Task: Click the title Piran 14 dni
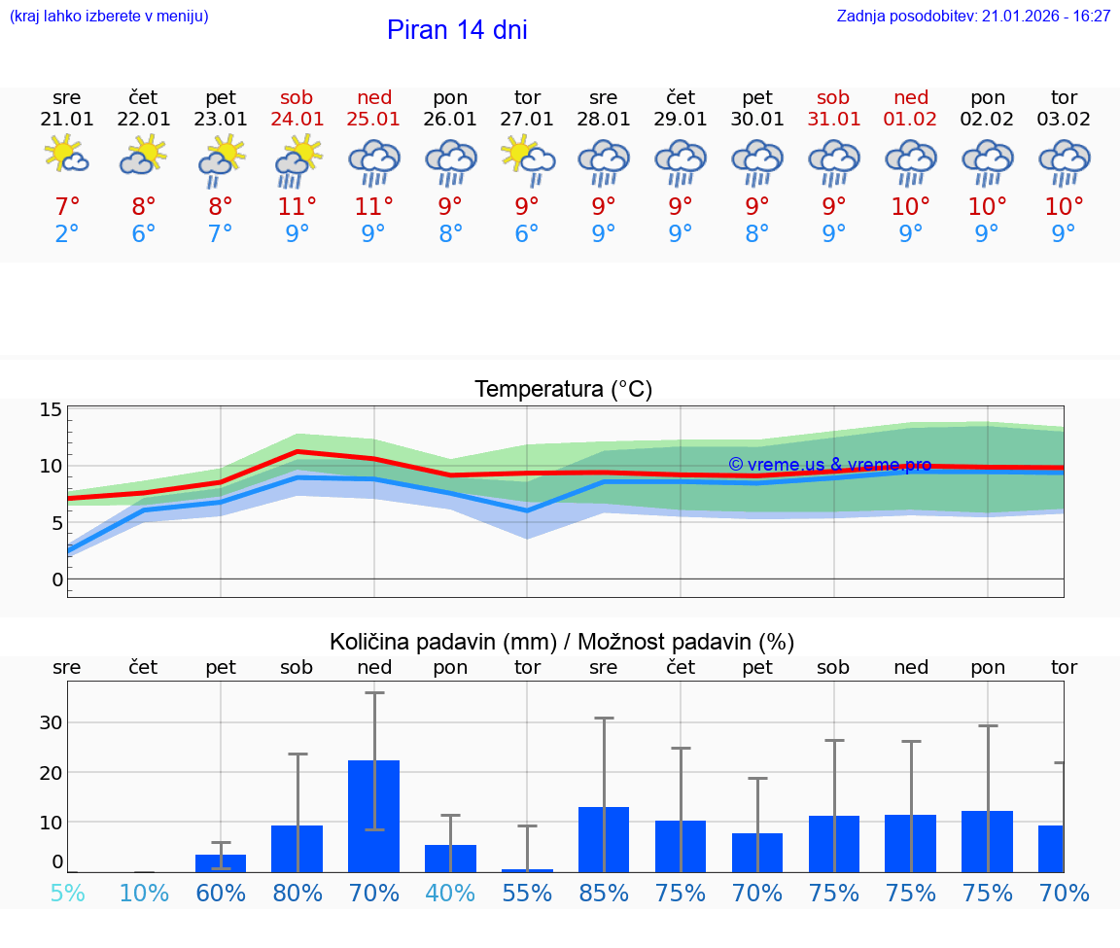click(457, 30)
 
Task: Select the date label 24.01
click(297, 120)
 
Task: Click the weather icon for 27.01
click(527, 160)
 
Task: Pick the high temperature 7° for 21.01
click(67, 207)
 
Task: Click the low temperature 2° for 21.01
click(67, 234)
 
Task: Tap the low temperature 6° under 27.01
click(527, 234)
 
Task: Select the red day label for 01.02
click(911, 98)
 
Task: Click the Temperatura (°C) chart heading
click(563, 390)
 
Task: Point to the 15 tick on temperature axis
click(51, 409)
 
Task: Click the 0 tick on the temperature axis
click(56, 579)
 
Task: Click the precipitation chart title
click(562, 642)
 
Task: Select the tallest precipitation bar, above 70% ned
click(374, 816)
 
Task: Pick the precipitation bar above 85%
click(604, 839)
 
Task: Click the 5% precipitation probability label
click(67, 893)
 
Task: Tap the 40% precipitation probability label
click(450, 893)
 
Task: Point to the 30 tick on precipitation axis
click(51, 722)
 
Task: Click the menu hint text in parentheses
click(109, 17)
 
